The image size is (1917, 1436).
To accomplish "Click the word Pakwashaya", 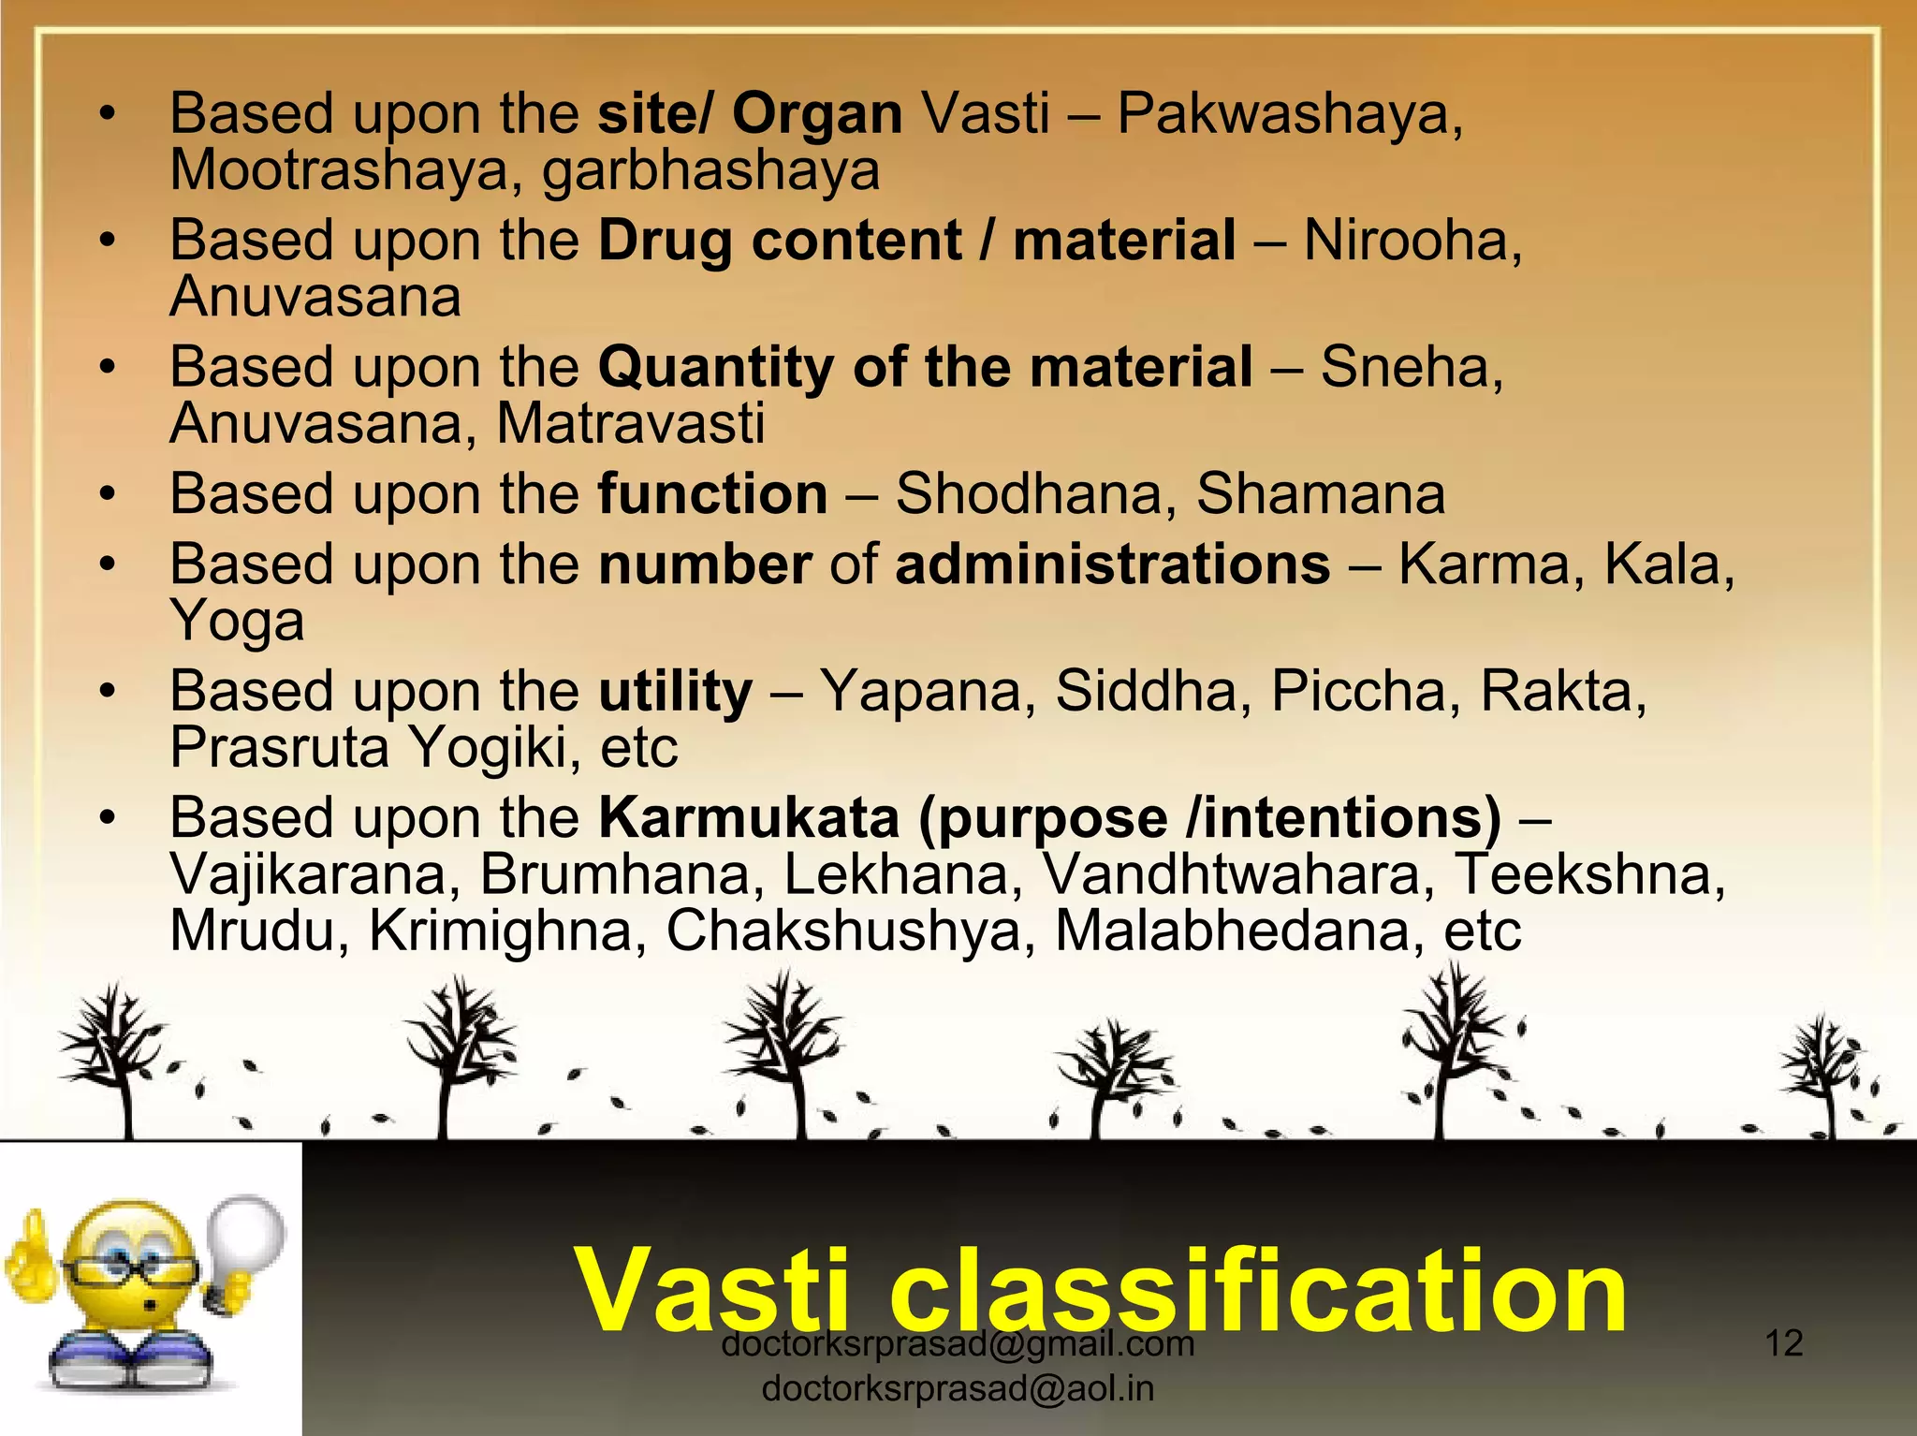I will click(x=1289, y=114).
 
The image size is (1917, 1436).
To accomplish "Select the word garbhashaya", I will click(x=711, y=171).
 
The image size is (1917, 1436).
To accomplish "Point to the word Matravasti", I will click(x=630, y=424).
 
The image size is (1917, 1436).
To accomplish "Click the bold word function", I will click(x=712, y=493).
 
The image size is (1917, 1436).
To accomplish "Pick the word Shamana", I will click(x=1320, y=493).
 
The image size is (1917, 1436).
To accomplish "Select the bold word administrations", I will click(x=1112, y=564).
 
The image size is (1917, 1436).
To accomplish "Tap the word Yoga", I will click(x=237, y=623).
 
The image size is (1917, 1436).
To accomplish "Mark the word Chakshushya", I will click(x=850, y=931).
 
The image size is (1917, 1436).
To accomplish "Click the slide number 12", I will click(x=1783, y=1343).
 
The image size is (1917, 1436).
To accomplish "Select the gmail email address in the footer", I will click(x=958, y=1345).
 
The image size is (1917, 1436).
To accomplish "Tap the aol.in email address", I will click(x=958, y=1388).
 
